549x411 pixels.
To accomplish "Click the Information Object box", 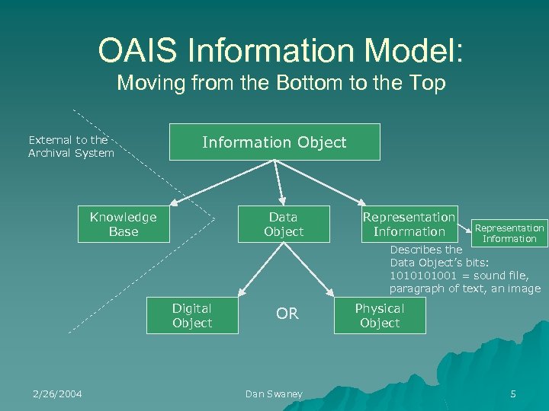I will coord(274,142).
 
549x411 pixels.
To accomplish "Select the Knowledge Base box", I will coord(123,225).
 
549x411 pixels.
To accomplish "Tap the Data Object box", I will coord(284,225).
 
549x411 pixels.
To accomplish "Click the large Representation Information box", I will coord(409,225).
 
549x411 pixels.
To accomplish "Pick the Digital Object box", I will coord(192,316).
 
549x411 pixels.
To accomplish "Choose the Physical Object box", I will coord(380,316).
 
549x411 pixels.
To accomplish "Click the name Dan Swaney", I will coord(274,393).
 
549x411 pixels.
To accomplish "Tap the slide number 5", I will coord(513,393).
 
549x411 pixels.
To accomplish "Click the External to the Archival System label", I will coord(71,146).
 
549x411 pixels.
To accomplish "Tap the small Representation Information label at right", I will coord(509,233).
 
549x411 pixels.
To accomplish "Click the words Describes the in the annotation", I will coord(425,250).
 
